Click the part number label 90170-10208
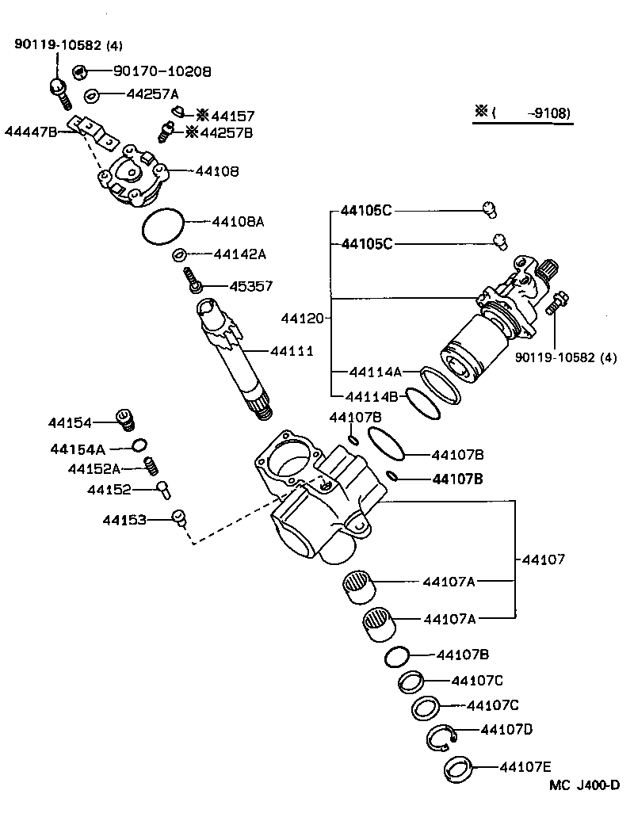(162, 71)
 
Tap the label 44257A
(153, 94)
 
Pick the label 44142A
(239, 254)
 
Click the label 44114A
(376, 371)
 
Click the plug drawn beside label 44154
(123, 417)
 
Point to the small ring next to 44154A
(139, 444)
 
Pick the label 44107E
(525, 766)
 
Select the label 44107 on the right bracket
(543, 559)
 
